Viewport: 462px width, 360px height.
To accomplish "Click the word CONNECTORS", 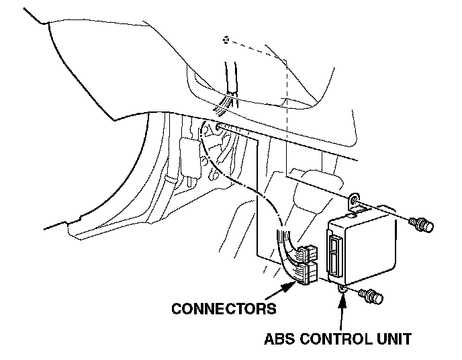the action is pyautogui.click(x=224, y=309).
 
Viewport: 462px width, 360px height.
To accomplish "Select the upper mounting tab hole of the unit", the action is pyautogui.click(x=354, y=199).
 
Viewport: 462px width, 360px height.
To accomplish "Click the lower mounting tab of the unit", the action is pyautogui.click(x=342, y=287).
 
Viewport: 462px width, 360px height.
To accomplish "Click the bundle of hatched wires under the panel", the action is pyautogui.click(x=225, y=103).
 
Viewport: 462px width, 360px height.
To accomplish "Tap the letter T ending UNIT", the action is pyautogui.click(x=407, y=338).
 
